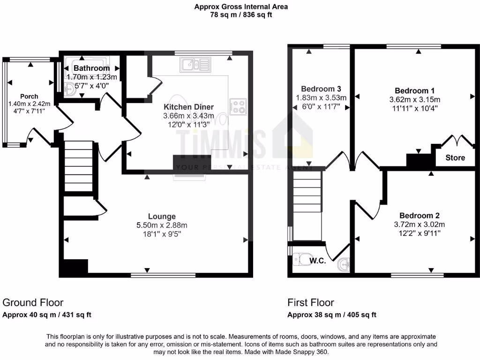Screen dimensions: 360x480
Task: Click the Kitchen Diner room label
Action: [188, 107]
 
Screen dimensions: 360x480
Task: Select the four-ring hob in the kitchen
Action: [238, 107]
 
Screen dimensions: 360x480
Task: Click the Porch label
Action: [29, 97]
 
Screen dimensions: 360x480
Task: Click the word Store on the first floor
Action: [455, 157]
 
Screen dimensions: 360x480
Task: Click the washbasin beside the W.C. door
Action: [345, 264]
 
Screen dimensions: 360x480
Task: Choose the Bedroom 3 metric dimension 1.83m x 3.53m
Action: [321, 97]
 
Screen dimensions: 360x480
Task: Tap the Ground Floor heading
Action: [33, 303]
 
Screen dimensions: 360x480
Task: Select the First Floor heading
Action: [311, 303]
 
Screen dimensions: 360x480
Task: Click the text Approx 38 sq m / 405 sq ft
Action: [331, 315]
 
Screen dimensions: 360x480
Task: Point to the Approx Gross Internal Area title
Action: [241, 7]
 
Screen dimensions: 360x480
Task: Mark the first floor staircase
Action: [307, 197]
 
